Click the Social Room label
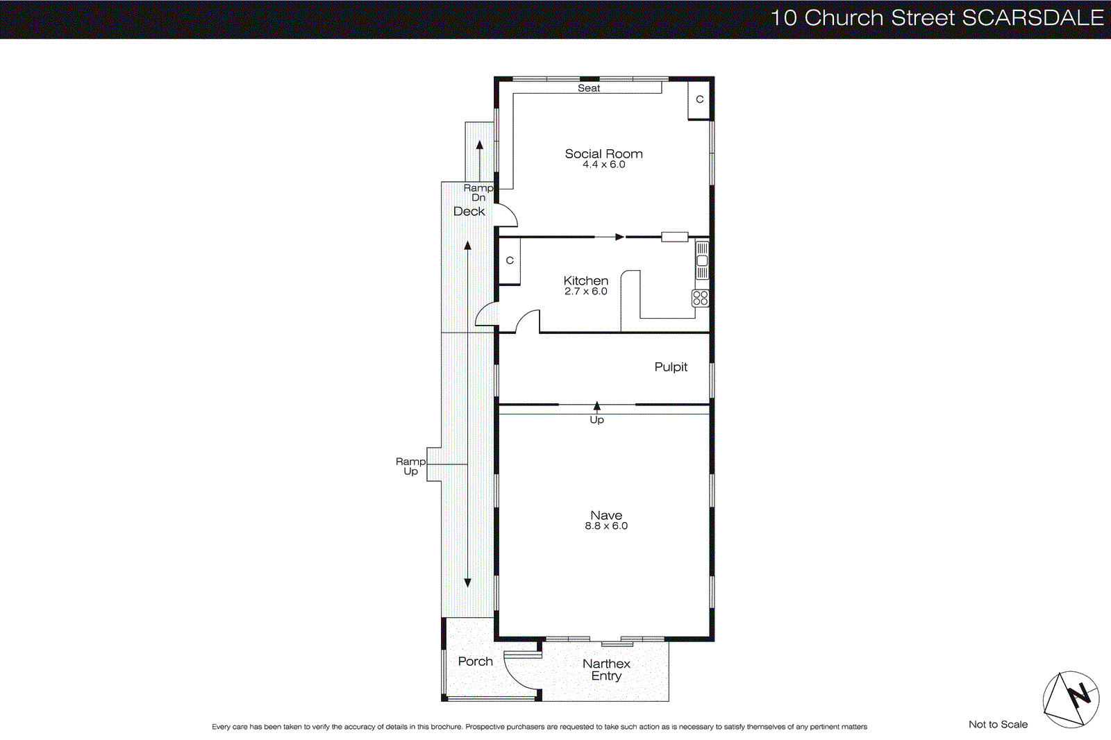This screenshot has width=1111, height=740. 603,154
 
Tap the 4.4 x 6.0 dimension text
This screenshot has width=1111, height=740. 603,165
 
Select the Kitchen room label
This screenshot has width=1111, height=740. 585,280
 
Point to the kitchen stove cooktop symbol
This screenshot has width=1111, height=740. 701,298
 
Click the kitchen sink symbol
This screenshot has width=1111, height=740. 702,261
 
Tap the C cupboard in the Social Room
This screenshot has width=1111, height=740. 699,100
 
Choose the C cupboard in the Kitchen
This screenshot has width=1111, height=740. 510,261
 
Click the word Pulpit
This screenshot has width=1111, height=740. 671,367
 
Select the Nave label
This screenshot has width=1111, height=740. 606,515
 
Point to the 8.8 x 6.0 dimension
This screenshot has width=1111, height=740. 606,526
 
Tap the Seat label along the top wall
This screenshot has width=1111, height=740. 589,88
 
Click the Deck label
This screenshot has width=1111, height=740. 469,212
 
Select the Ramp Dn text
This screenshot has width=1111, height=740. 478,193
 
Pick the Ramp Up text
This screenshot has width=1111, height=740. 410,466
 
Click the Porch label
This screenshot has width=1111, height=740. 475,662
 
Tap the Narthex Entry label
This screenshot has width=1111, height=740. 606,670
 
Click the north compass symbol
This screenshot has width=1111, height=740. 1071,699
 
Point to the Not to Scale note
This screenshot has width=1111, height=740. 998,725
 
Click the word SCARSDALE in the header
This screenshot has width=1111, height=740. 1033,18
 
